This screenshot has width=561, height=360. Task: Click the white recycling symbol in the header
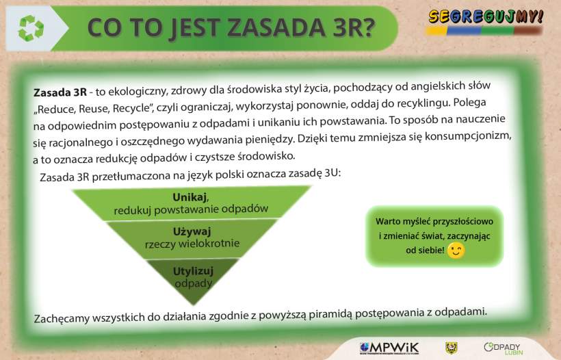tap(31, 28)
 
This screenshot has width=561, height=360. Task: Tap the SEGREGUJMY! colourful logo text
tap(486, 16)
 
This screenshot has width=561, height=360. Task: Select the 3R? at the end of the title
tap(354, 27)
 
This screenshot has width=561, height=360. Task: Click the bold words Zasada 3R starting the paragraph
tap(60, 92)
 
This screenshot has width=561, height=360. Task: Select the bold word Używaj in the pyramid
tap(192, 231)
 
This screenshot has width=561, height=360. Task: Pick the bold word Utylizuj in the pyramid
tap(193, 271)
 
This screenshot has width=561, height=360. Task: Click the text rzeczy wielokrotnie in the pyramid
tap(192, 244)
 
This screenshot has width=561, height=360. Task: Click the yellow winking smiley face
tap(456, 250)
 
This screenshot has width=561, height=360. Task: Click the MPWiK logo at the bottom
tap(389, 348)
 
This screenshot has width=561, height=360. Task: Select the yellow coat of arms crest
tap(452, 348)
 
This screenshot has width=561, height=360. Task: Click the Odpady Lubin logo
tap(503, 349)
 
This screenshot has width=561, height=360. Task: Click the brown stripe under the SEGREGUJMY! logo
tap(527, 31)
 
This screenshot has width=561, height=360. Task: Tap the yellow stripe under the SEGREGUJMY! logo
tap(436, 31)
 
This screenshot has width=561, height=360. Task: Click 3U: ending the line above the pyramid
tap(332, 173)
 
